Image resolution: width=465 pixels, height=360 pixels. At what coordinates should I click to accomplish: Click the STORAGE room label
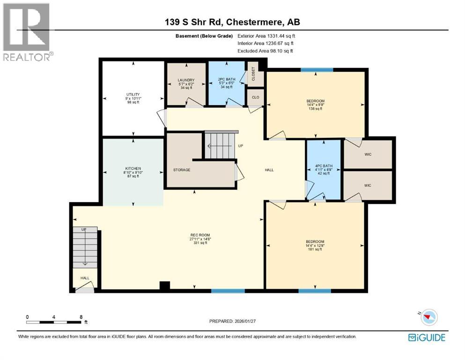(182, 170)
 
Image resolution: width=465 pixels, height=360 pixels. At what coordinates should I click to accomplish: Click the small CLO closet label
(256, 97)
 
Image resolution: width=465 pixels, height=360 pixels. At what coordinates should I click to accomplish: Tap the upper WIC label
(368, 154)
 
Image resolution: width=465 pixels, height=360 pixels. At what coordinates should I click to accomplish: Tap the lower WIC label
(368, 186)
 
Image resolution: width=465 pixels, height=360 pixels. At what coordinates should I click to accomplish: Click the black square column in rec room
(164, 286)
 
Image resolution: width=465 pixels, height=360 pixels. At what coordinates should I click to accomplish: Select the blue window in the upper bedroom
(317, 70)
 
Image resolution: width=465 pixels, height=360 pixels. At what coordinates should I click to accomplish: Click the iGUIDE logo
(427, 337)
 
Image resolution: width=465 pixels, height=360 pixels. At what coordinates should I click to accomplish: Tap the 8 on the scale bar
(81, 317)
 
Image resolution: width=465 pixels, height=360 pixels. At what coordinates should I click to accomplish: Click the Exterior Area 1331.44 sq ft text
(266, 36)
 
